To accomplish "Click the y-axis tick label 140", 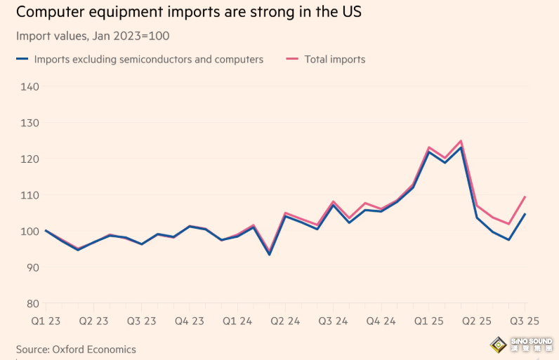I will coord(29,86).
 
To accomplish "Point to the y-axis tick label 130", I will coord(29,123).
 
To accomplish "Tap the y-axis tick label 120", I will coord(29,159).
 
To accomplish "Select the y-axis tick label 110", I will coord(29,195).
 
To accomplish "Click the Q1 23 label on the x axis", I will coord(46,320).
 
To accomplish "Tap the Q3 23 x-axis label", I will coord(141,320).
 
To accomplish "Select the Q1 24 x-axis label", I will coord(237,320).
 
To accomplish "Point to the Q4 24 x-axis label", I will coord(381,320).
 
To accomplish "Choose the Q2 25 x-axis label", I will coord(477,320).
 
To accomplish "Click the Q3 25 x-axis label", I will coord(524,320).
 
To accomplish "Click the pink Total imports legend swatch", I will coord(291,60).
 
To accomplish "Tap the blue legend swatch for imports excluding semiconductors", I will coord(22,60).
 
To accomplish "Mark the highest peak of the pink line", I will coord(461,141).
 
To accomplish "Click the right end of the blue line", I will coord(525,214).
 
